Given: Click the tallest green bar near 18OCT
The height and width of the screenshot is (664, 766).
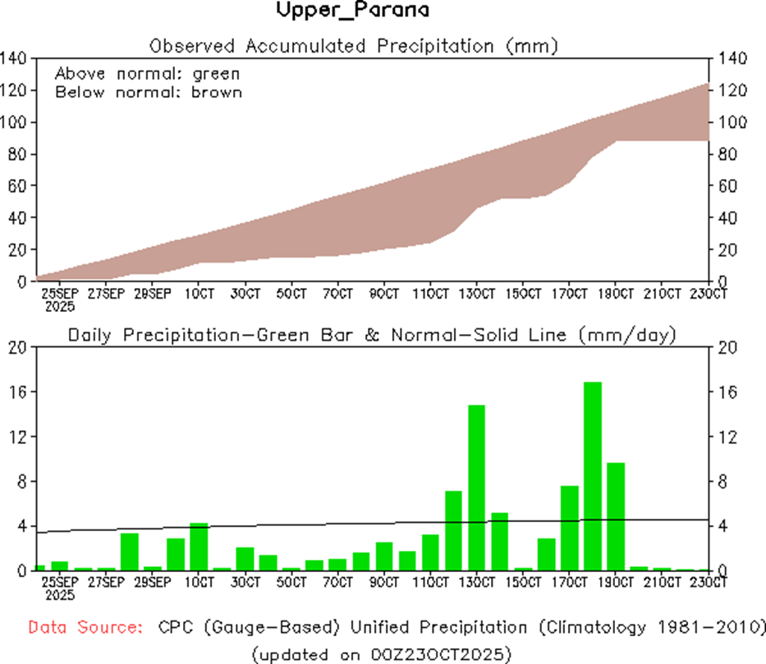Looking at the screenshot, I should point(593,476).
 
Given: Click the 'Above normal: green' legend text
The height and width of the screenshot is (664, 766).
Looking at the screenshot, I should point(147,74).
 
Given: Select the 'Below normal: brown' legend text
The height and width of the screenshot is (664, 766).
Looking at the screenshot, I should point(149,92).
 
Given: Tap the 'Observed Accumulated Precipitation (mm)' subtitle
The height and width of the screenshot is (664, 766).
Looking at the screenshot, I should point(354,46).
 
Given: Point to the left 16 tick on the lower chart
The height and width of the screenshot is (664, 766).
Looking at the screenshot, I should point(18,392).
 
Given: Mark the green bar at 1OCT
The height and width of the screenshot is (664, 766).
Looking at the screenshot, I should point(199,546).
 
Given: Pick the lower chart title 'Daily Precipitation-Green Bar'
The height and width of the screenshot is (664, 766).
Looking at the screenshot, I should point(213,335).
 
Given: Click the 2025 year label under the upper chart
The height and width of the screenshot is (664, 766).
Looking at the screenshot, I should point(60,306).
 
